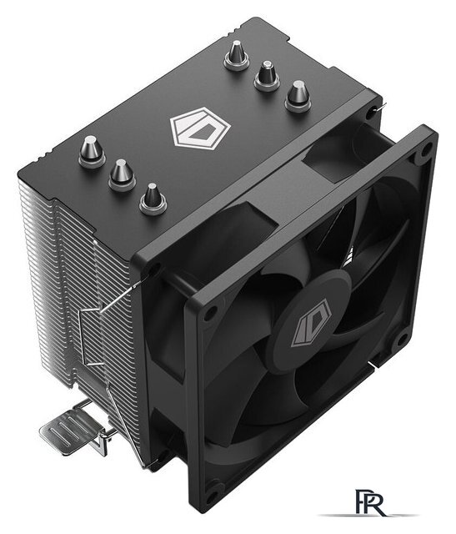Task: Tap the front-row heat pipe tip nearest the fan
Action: click(153, 198)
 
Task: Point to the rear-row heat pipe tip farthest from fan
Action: click(236, 54)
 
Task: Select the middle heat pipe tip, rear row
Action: click(267, 75)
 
